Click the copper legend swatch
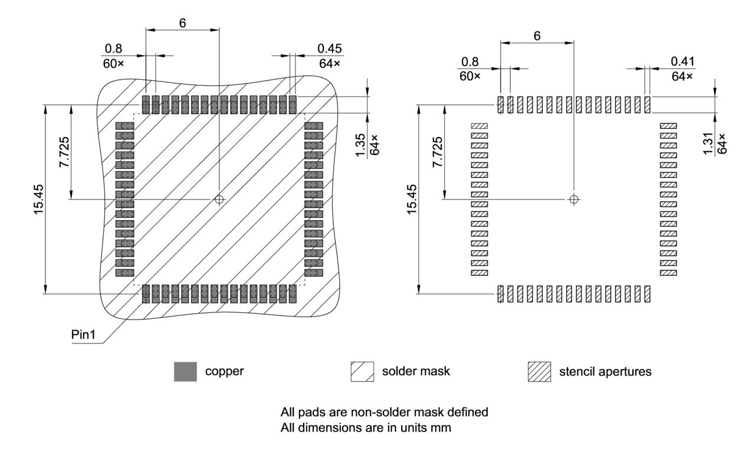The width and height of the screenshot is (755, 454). (185, 371)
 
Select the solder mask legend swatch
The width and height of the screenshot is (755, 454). (362, 371)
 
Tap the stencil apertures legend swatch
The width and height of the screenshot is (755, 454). (539, 371)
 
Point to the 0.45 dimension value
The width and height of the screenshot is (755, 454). (330, 48)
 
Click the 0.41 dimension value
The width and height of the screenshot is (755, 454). (683, 61)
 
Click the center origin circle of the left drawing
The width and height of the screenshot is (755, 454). (219, 200)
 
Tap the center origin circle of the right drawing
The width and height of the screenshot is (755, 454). (573, 200)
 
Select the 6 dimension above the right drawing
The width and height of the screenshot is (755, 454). (537, 35)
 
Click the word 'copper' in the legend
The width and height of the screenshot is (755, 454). (224, 371)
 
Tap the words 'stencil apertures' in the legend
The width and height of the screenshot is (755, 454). (605, 371)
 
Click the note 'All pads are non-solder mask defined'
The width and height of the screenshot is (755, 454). (384, 412)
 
